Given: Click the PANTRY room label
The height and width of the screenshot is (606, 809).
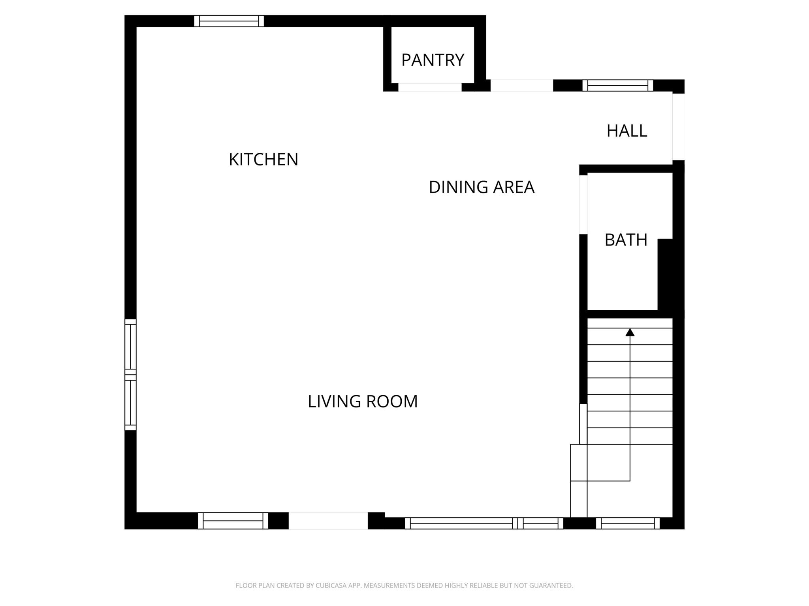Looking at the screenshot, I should click(x=433, y=60).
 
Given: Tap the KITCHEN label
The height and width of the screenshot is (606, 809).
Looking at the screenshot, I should click(x=263, y=159).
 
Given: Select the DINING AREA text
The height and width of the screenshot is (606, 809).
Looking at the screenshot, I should click(x=481, y=187).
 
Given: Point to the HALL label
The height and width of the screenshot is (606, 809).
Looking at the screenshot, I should click(x=627, y=131).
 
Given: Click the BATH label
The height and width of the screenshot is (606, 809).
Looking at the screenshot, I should click(x=626, y=240).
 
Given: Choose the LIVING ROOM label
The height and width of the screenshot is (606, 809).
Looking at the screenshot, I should click(x=363, y=401).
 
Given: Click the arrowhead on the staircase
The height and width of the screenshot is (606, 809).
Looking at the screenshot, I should click(x=630, y=332).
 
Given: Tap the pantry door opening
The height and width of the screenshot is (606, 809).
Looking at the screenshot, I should click(x=430, y=87).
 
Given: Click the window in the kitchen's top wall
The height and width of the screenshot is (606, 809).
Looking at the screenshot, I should click(x=229, y=21).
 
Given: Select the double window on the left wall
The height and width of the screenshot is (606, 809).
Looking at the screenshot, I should click(x=130, y=374).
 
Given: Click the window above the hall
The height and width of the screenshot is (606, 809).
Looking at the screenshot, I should click(x=617, y=85).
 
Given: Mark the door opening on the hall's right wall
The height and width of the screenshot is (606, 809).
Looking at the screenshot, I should click(x=678, y=127).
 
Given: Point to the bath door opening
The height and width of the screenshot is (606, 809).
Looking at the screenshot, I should click(x=583, y=205).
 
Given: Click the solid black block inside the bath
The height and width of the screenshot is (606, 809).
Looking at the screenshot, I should click(x=665, y=274).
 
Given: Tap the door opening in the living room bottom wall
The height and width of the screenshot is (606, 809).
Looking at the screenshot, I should click(x=328, y=520).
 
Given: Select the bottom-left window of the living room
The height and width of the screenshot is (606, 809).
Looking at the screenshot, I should click(x=233, y=520).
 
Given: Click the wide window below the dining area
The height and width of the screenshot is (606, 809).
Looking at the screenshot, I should click(x=484, y=523).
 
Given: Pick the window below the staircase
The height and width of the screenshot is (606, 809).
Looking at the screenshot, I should click(x=628, y=523).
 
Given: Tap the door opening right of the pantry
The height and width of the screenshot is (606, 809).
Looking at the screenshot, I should click(x=521, y=85).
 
